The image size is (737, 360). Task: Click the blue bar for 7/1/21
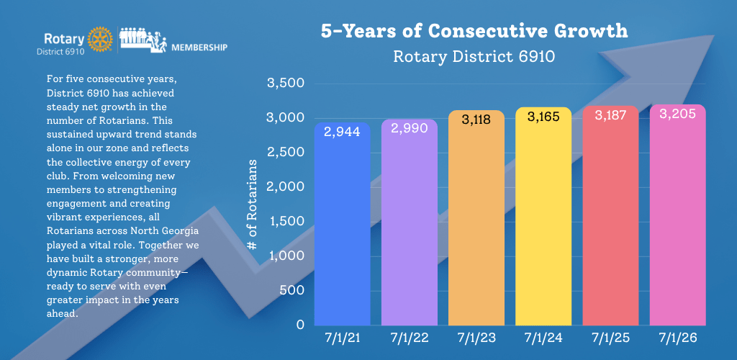point(342,224)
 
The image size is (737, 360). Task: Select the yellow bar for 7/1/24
point(543,216)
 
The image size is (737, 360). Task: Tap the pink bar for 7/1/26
point(678,215)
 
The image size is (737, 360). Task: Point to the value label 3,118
point(476,120)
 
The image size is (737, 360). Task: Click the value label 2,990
point(410,128)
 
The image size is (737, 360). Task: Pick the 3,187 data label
point(610,115)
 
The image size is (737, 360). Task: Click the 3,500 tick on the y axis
point(286,84)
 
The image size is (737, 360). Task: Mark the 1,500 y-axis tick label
point(286,221)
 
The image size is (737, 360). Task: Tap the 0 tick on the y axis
point(300,325)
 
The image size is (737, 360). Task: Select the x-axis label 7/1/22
point(410,338)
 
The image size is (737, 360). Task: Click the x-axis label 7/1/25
point(610,338)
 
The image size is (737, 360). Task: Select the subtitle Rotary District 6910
point(474,56)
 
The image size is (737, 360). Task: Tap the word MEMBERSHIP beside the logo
point(199,48)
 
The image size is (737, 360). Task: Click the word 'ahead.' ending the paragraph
point(63,313)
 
